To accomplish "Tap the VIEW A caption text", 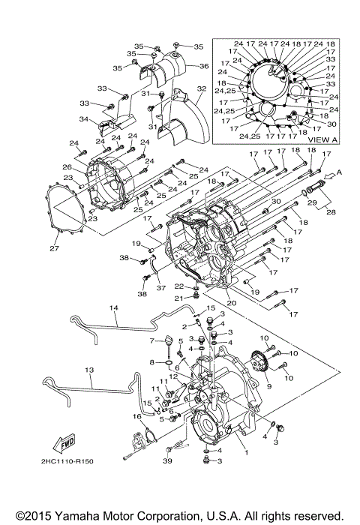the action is click(x=322, y=139).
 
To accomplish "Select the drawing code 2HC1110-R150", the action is click(x=67, y=461).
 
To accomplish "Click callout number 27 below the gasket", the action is click(x=55, y=248).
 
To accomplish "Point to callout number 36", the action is click(x=204, y=66).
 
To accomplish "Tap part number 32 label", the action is click(x=202, y=88).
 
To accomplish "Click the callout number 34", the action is click(x=83, y=118).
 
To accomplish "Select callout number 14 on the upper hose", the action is click(x=114, y=307).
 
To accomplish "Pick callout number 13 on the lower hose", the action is click(x=89, y=370).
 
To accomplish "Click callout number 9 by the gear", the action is click(x=269, y=386).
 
